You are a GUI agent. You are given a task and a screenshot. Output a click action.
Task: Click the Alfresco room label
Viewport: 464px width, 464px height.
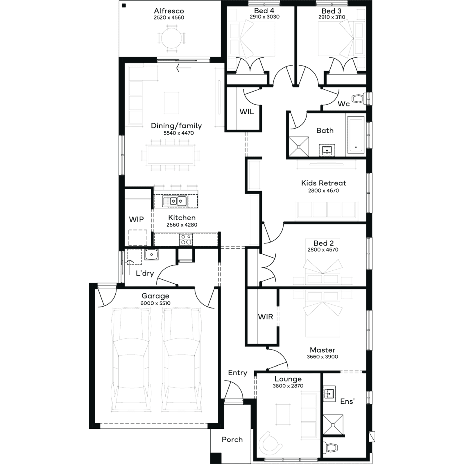click(169, 11)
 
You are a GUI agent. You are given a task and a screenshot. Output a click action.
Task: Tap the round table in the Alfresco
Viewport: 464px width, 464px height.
click(172, 38)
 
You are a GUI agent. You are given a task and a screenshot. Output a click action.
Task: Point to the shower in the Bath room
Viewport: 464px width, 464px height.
click(299, 146)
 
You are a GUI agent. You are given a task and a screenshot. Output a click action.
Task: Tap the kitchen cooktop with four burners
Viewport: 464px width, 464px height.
click(186, 239)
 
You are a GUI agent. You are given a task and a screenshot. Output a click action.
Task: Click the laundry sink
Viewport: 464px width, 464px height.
click(152, 255)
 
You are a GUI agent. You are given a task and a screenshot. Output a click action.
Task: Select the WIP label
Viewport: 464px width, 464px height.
click(136, 219)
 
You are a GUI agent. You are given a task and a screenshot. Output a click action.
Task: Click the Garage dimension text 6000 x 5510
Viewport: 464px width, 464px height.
click(155, 303)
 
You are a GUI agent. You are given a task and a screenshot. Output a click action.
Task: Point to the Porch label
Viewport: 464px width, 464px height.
click(232, 440)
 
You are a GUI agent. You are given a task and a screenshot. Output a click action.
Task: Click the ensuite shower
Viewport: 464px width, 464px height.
click(333, 424)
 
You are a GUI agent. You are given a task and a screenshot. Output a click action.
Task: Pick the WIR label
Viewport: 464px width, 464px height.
click(265, 317)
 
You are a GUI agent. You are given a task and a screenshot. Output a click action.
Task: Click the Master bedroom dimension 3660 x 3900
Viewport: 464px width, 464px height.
click(322, 357)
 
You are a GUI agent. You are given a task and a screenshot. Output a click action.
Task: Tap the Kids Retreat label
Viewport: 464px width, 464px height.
click(324, 183)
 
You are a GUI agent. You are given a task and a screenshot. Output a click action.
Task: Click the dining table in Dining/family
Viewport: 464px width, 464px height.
click(170, 155)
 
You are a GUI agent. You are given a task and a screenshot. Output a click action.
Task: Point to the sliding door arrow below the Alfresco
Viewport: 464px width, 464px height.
click(184, 68)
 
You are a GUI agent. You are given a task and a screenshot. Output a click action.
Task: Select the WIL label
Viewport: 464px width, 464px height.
click(247, 112)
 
